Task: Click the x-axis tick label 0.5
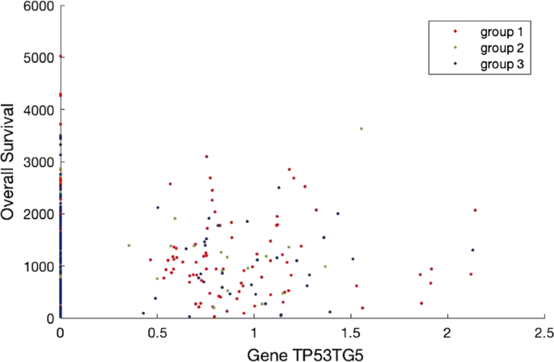(157, 332)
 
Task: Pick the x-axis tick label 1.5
(351, 332)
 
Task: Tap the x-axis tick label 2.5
(545, 332)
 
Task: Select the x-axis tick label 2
(448, 332)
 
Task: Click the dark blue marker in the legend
(456, 64)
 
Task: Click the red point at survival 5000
(61, 57)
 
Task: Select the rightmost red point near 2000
(476, 210)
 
